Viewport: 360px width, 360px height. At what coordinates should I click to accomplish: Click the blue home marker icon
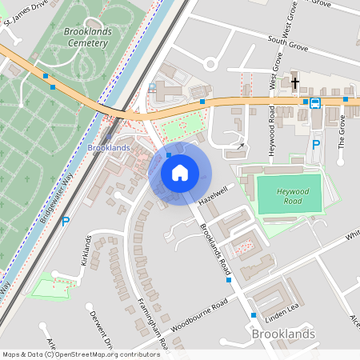click(180, 173)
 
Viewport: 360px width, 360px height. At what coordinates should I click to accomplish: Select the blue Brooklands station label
click(108, 149)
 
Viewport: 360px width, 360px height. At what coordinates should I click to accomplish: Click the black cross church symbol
click(294, 82)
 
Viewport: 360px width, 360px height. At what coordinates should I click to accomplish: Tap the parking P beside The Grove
click(316, 144)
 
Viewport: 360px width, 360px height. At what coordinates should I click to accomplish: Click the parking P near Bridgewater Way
click(66, 222)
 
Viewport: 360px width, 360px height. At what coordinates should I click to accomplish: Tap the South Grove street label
click(289, 35)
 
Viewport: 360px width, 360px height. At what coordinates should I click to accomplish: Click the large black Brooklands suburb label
click(283, 334)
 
